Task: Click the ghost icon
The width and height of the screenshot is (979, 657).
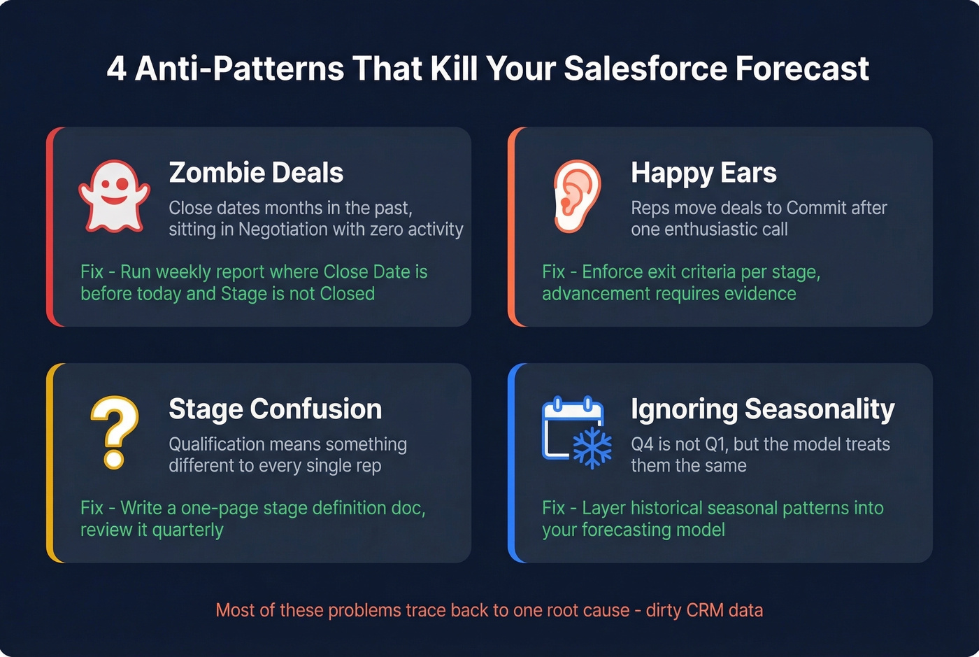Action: (114, 197)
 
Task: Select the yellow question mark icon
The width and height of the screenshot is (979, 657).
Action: (115, 432)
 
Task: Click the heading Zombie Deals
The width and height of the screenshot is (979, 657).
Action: (256, 173)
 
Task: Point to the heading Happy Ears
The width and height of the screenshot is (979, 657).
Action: (703, 173)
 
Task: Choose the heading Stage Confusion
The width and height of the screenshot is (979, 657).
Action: (276, 409)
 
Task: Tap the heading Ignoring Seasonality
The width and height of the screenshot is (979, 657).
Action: (762, 409)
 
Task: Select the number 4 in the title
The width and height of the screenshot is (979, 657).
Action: (117, 69)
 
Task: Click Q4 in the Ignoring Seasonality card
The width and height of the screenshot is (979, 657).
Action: (643, 444)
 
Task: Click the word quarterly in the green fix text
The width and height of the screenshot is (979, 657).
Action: (187, 530)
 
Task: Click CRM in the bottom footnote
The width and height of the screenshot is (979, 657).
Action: (705, 610)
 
